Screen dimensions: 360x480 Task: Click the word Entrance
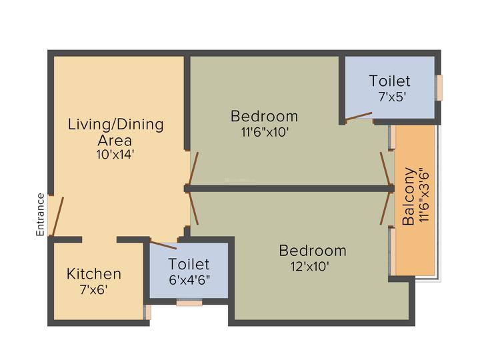(x=40, y=215)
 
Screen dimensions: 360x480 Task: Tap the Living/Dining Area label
(x=115, y=132)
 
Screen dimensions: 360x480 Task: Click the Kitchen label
(x=94, y=274)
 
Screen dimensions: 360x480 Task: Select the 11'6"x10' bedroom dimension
(x=264, y=132)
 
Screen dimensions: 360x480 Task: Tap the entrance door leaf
(x=57, y=216)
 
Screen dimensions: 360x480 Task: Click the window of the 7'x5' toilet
(x=439, y=87)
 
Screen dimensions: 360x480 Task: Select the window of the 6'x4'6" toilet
(x=189, y=303)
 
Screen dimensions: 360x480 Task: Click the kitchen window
(x=147, y=311)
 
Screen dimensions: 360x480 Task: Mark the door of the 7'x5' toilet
(x=359, y=117)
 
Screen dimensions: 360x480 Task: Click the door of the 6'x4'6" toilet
(x=163, y=245)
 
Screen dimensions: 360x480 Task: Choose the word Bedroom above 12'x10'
(x=312, y=251)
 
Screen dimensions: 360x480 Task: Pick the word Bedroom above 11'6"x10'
(x=264, y=116)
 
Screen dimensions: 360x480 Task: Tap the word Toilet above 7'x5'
(x=390, y=81)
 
